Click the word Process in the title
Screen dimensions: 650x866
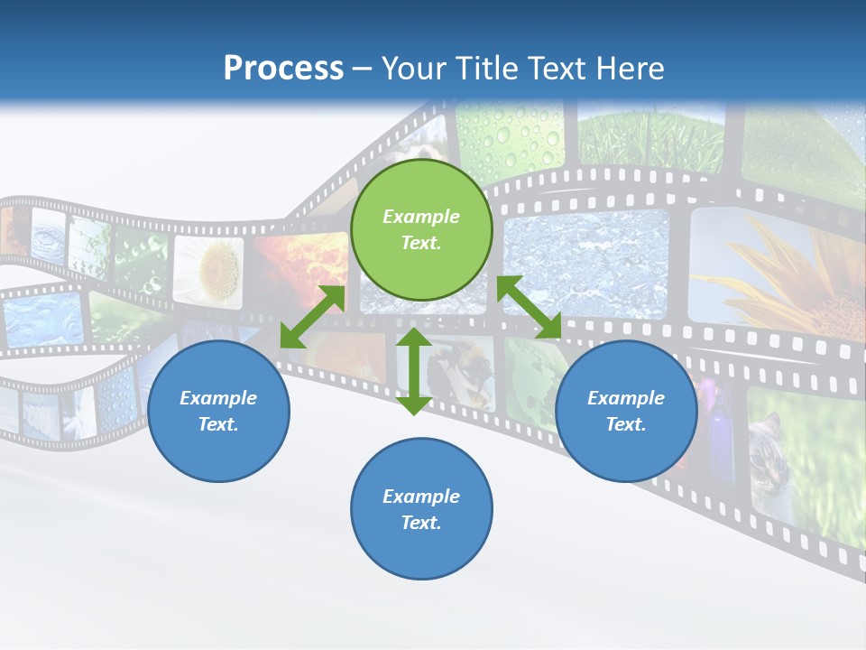pos(283,69)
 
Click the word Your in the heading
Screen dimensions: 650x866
pos(414,69)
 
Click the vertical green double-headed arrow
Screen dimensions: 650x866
pos(414,371)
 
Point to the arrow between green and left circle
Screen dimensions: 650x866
pos(312,317)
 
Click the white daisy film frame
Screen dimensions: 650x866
pos(210,268)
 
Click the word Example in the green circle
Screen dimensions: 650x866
pos(421,217)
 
